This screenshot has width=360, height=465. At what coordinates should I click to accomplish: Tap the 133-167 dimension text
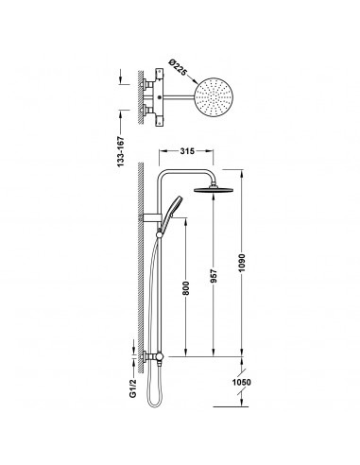pyautogui.click(x=121, y=151)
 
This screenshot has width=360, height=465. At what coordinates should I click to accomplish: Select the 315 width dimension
pyautogui.click(x=187, y=151)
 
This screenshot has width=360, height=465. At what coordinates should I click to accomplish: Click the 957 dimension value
pyautogui.click(x=214, y=275)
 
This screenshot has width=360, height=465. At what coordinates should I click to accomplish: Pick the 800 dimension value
pyautogui.click(x=186, y=288)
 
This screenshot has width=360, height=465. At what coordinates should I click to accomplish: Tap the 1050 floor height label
pyautogui.click(x=242, y=382)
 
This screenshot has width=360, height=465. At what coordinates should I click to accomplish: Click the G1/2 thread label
pyautogui.click(x=133, y=388)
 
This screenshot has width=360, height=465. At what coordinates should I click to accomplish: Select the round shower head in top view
pyautogui.click(x=213, y=97)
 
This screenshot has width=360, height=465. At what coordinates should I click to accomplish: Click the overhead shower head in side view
pyautogui.click(x=214, y=189)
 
